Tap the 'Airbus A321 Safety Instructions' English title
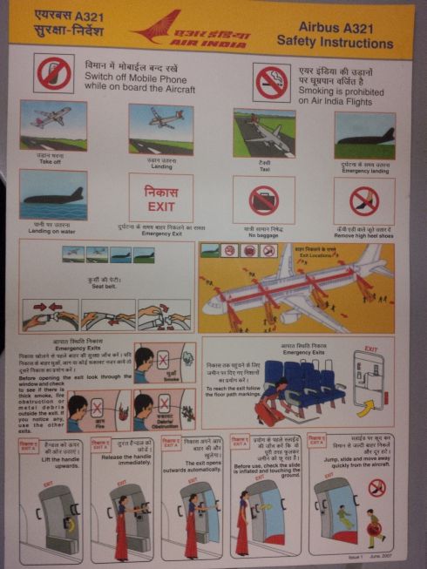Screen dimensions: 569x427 pyautogui.click(x=335, y=35)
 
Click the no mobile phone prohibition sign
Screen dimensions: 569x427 pyautogui.click(x=54, y=75)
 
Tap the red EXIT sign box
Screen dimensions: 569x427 pyautogui.click(x=160, y=198)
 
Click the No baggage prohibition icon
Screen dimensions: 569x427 pyautogui.click(x=263, y=200)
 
